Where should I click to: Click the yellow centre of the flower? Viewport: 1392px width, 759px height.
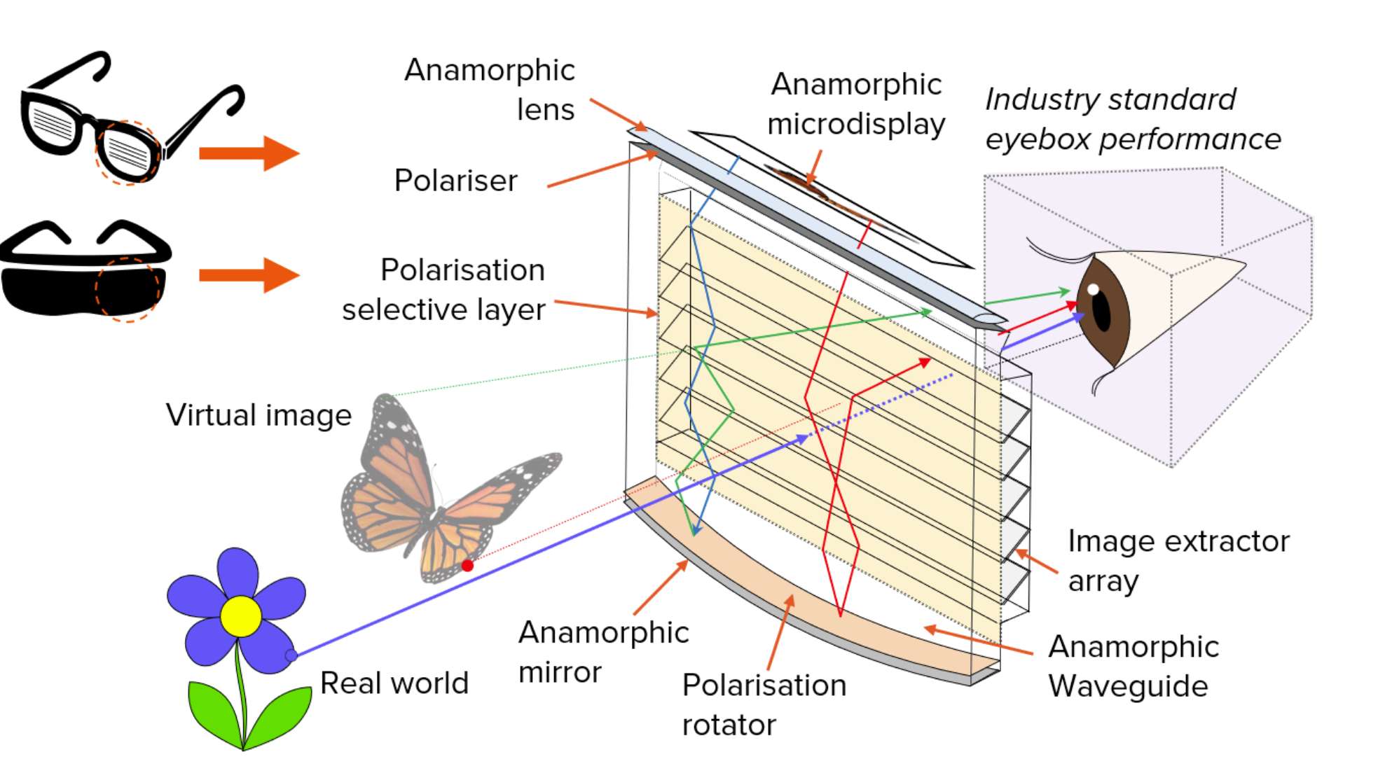pyautogui.click(x=240, y=616)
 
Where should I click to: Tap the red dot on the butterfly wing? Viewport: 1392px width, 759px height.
pyautogui.click(x=467, y=565)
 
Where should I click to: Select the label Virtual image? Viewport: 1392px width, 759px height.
pyautogui.click(x=259, y=415)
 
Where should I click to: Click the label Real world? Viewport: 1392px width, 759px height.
pyautogui.click(x=394, y=683)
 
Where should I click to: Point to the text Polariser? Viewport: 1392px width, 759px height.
pyautogui.click(x=455, y=181)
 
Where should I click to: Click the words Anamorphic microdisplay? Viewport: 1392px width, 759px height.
pyautogui.click(x=856, y=104)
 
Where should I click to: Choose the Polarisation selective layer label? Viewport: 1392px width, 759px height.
pyautogui.click(x=443, y=289)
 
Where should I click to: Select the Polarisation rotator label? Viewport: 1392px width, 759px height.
pyautogui.click(x=764, y=704)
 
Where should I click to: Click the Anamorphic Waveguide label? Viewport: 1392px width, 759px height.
pyautogui.click(x=1133, y=666)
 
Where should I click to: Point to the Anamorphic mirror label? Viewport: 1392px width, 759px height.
pyautogui.click(x=603, y=652)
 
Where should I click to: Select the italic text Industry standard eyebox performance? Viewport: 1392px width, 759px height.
pyautogui.click(x=1133, y=119)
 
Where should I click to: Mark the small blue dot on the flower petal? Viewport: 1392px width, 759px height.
pyautogui.click(x=291, y=655)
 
